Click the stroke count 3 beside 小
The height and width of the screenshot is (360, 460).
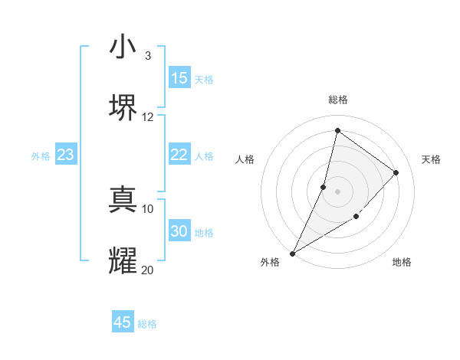point(148,56)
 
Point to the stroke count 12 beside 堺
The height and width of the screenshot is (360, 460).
point(148,116)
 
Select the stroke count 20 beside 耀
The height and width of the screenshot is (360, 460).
point(148,270)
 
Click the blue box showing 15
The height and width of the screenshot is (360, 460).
point(179,78)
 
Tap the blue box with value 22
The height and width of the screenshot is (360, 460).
point(179,155)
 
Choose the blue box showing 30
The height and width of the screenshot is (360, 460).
point(179,231)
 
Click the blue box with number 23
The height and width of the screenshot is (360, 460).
point(66,155)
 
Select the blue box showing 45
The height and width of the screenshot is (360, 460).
point(123,322)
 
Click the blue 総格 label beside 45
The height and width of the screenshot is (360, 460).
point(147,324)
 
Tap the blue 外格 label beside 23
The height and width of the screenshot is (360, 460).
point(41,156)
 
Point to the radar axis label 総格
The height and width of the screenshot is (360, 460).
point(337,100)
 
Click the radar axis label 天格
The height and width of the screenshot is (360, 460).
point(431,159)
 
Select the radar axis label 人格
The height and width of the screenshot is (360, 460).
point(245,159)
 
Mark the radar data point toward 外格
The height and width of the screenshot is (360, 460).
point(292,254)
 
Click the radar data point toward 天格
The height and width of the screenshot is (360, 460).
point(396,173)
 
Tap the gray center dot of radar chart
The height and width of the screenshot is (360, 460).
point(337,191)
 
